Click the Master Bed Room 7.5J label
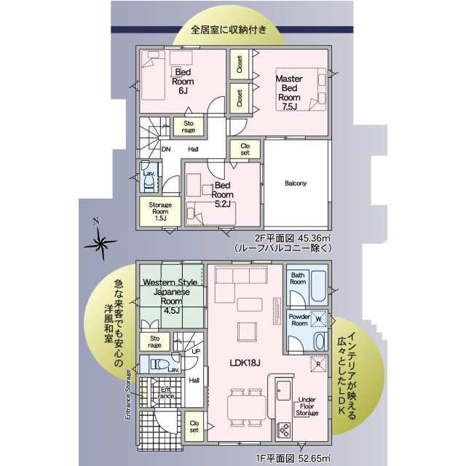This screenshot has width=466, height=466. [x=289, y=92]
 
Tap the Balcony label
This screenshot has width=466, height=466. [x=296, y=183]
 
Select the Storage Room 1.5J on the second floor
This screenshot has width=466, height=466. [x=160, y=211]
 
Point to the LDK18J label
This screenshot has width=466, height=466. [x=245, y=363]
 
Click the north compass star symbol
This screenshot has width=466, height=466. [x=100, y=242]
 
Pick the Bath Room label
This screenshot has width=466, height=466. [x=298, y=278]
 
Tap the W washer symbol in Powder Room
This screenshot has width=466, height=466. [x=318, y=319]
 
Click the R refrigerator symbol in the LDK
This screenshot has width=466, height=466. [x=318, y=364]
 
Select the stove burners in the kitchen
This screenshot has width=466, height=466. [x=284, y=430]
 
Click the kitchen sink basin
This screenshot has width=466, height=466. [x=283, y=390]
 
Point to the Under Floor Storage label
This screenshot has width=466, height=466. [x=307, y=406]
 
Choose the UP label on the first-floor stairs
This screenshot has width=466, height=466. [x=196, y=351]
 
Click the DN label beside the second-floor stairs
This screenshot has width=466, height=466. [x=166, y=149]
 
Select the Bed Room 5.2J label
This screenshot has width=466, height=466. [x=222, y=194]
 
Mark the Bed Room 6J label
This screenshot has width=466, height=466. [x=183, y=81]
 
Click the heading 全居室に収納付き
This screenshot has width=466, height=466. [x=228, y=30]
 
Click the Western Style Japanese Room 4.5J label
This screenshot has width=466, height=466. [x=170, y=296]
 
